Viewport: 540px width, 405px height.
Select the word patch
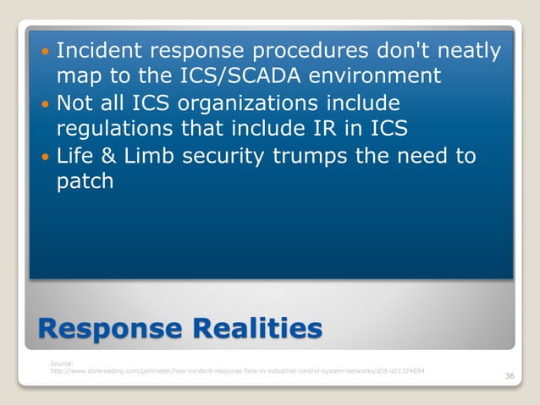pos(85,182)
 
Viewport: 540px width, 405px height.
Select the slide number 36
pos(509,376)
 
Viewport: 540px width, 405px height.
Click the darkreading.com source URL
pos(238,371)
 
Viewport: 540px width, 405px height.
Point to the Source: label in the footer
pos(63,363)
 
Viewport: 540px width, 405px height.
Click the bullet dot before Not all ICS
pos(46,104)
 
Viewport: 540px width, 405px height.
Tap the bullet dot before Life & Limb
pos(46,157)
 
